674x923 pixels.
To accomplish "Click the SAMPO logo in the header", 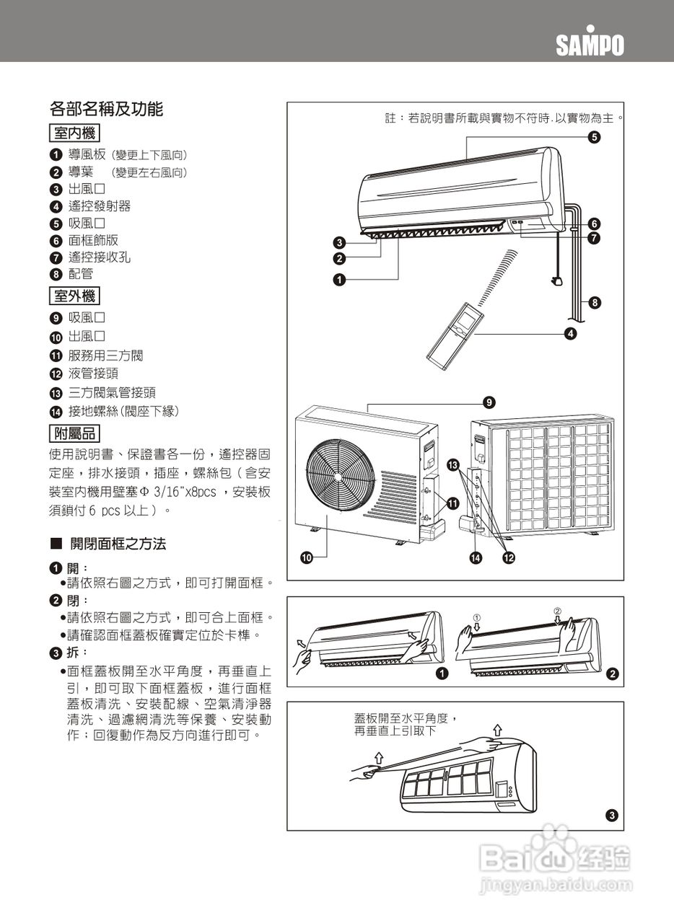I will (590, 45).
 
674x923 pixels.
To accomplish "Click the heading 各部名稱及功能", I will (106, 109).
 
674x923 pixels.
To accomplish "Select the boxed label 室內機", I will (74, 133).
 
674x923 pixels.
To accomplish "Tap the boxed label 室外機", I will (74, 296).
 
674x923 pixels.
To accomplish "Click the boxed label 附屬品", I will (74, 433).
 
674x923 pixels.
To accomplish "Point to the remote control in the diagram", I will (455, 332).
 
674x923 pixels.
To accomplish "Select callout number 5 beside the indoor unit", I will (592, 137).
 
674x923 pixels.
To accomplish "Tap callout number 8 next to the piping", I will (594, 302).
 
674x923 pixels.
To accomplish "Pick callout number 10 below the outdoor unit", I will (306, 557).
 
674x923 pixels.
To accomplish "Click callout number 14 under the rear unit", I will (476, 557).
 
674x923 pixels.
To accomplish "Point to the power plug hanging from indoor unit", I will (556, 281).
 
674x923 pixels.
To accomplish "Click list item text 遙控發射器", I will (100, 206).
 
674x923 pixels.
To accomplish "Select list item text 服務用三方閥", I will (105, 355).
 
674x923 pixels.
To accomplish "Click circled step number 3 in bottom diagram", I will (611, 816).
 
